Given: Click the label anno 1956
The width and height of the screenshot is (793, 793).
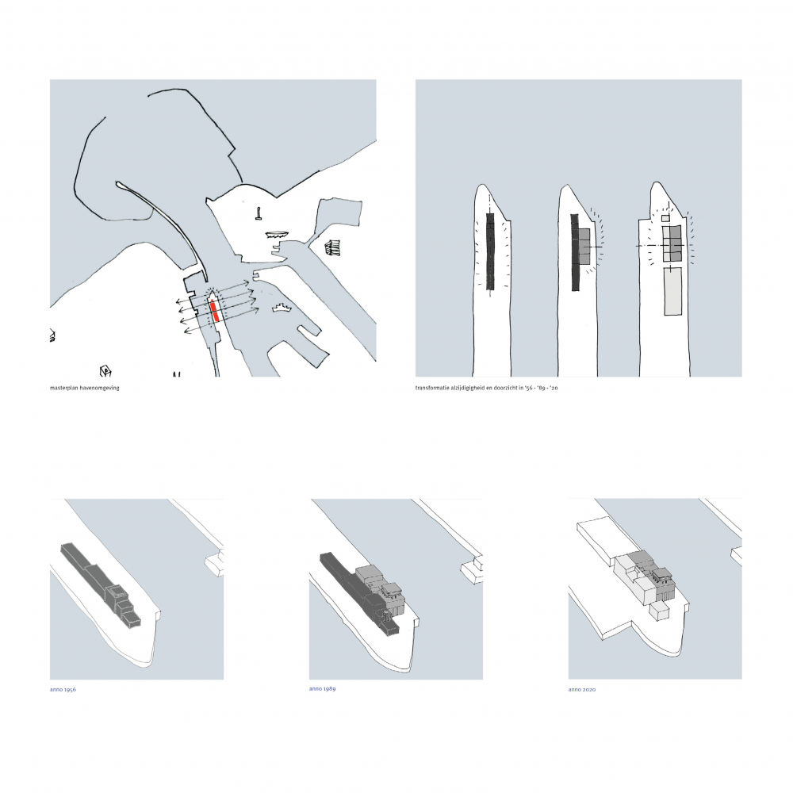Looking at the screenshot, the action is click(x=63, y=689).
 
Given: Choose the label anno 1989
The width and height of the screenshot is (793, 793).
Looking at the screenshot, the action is click(x=322, y=689).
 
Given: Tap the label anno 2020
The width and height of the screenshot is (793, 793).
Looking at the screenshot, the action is click(x=581, y=689).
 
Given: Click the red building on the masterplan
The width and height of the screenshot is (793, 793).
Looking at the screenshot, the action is click(x=214, y=311).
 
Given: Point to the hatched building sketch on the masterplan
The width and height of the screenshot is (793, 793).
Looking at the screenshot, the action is click(x=332, y=247).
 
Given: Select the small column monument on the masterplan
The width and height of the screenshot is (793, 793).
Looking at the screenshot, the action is click(x=259, y=214).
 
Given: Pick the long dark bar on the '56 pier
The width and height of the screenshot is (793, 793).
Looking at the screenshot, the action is click(x=489, y=251).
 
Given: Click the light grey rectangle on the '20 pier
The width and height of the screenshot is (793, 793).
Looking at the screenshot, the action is click(x=672, y=292).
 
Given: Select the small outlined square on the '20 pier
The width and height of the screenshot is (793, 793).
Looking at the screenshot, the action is click(x=665, y=219).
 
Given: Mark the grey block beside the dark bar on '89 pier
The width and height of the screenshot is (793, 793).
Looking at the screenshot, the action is click(x=584, y=247).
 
